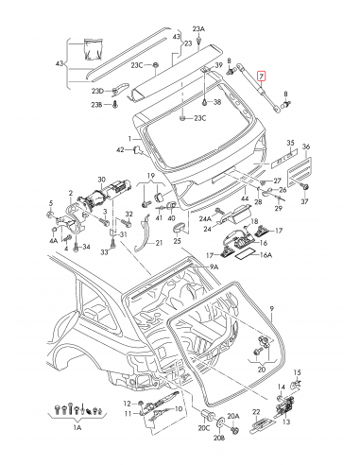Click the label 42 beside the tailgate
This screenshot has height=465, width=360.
[120, 149]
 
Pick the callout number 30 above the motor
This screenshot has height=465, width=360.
[101, 179]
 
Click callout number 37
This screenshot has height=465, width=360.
[305, 202]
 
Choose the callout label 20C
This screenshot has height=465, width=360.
[203, 428]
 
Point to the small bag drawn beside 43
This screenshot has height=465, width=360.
[91, 49]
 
